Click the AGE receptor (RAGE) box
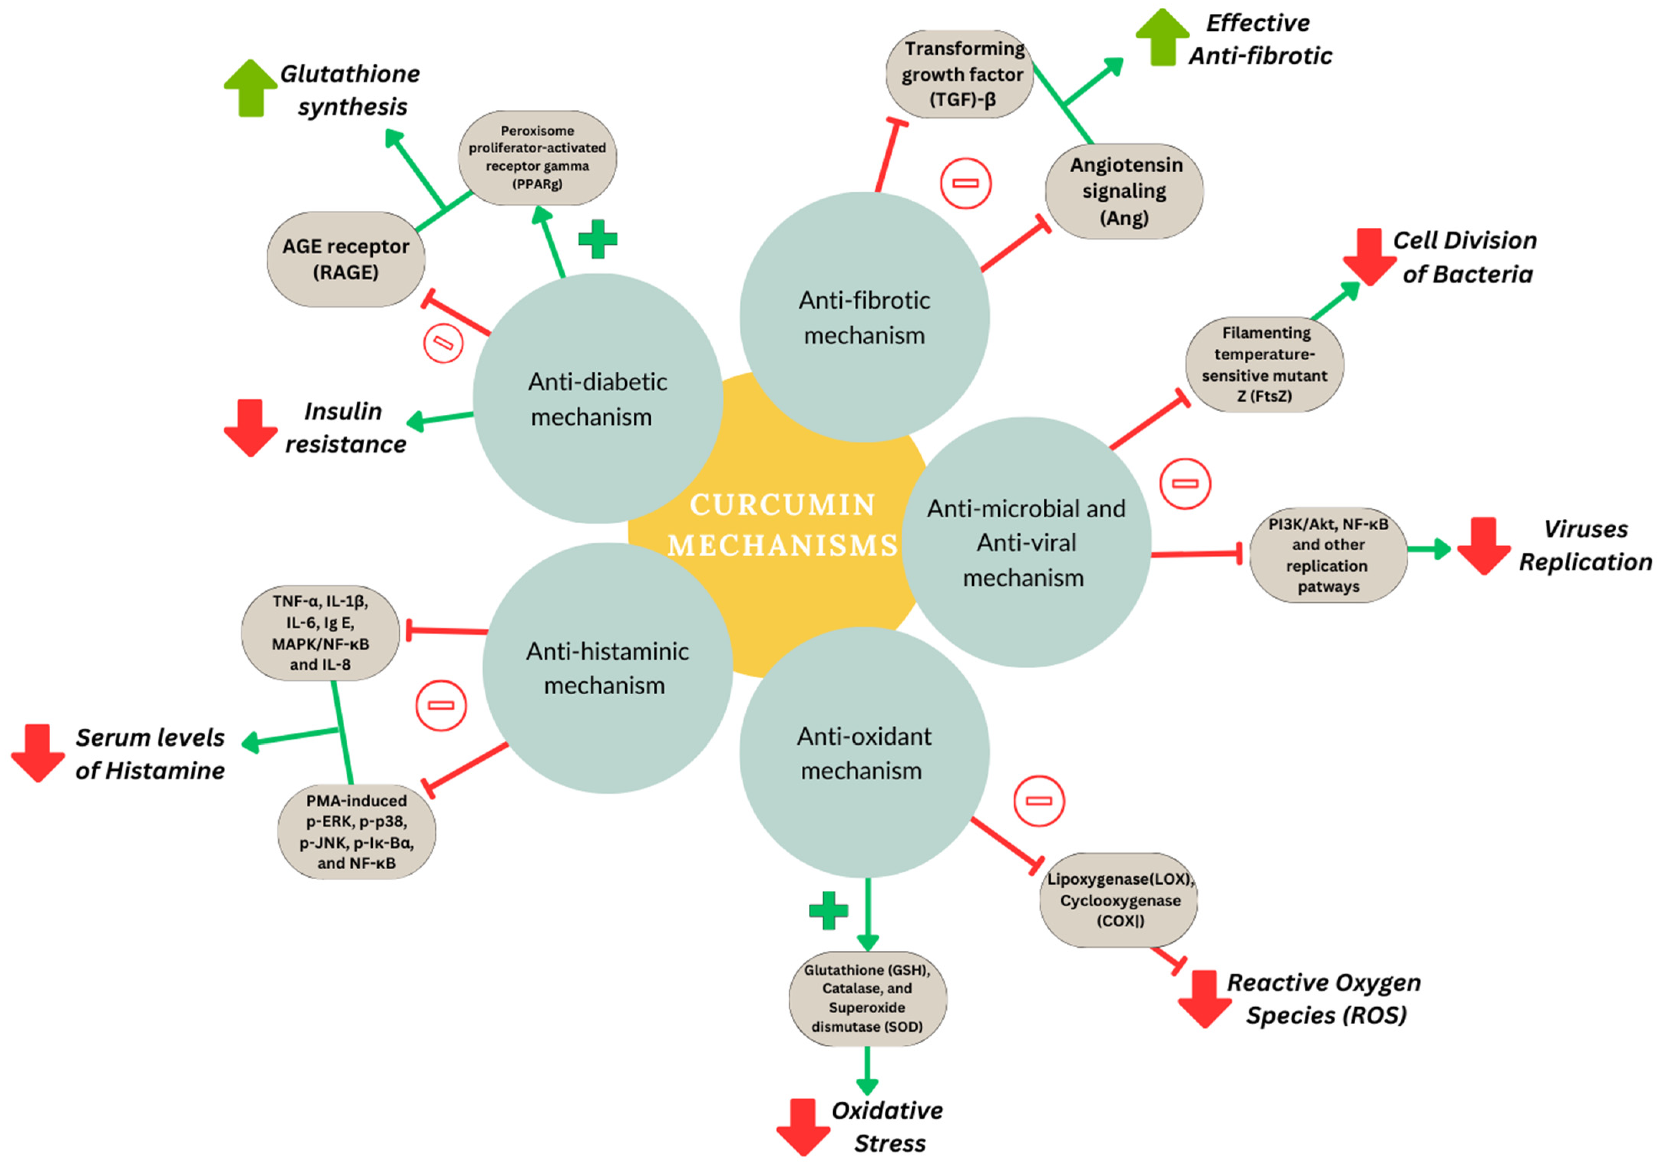pos(345,259)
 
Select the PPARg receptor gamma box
pos(537,157)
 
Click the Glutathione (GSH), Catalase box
pos(867,998)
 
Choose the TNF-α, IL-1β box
pos(320,633)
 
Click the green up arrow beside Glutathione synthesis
pos(251,88)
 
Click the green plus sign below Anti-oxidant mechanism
pos(828,910)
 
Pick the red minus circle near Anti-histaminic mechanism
pos(441,705)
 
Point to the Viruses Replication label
pos(1584,545)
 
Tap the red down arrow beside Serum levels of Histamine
pos(38,753)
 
